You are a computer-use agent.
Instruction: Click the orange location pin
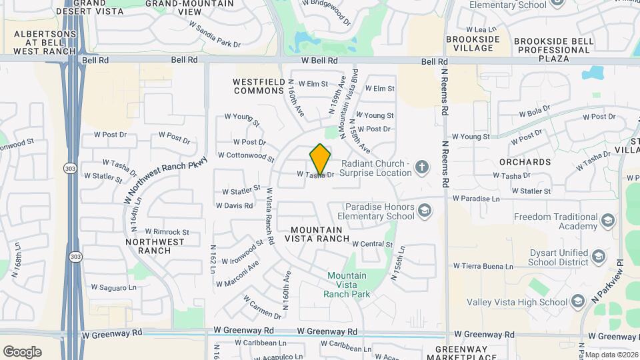click(320, 159)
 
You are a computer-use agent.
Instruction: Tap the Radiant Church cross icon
click(421, 167)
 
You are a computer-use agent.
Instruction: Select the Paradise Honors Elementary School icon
click(424, 211)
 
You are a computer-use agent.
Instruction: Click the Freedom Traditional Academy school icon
click(607, 221)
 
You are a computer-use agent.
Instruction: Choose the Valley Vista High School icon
click(577, 302)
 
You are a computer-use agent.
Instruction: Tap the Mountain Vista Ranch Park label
click(346, 285)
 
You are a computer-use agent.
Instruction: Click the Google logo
click(22, 351)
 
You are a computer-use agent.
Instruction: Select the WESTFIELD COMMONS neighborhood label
click(258, 86)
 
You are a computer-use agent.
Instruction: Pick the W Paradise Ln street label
click(476, 199)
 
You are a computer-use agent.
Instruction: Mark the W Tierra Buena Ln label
click(481, 267)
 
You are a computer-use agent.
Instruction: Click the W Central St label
click(372, 244)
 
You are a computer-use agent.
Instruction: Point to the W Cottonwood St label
click(246, 157)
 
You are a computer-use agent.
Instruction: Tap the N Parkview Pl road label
click(607, 282)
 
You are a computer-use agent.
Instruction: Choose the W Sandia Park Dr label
click(214, 35)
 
